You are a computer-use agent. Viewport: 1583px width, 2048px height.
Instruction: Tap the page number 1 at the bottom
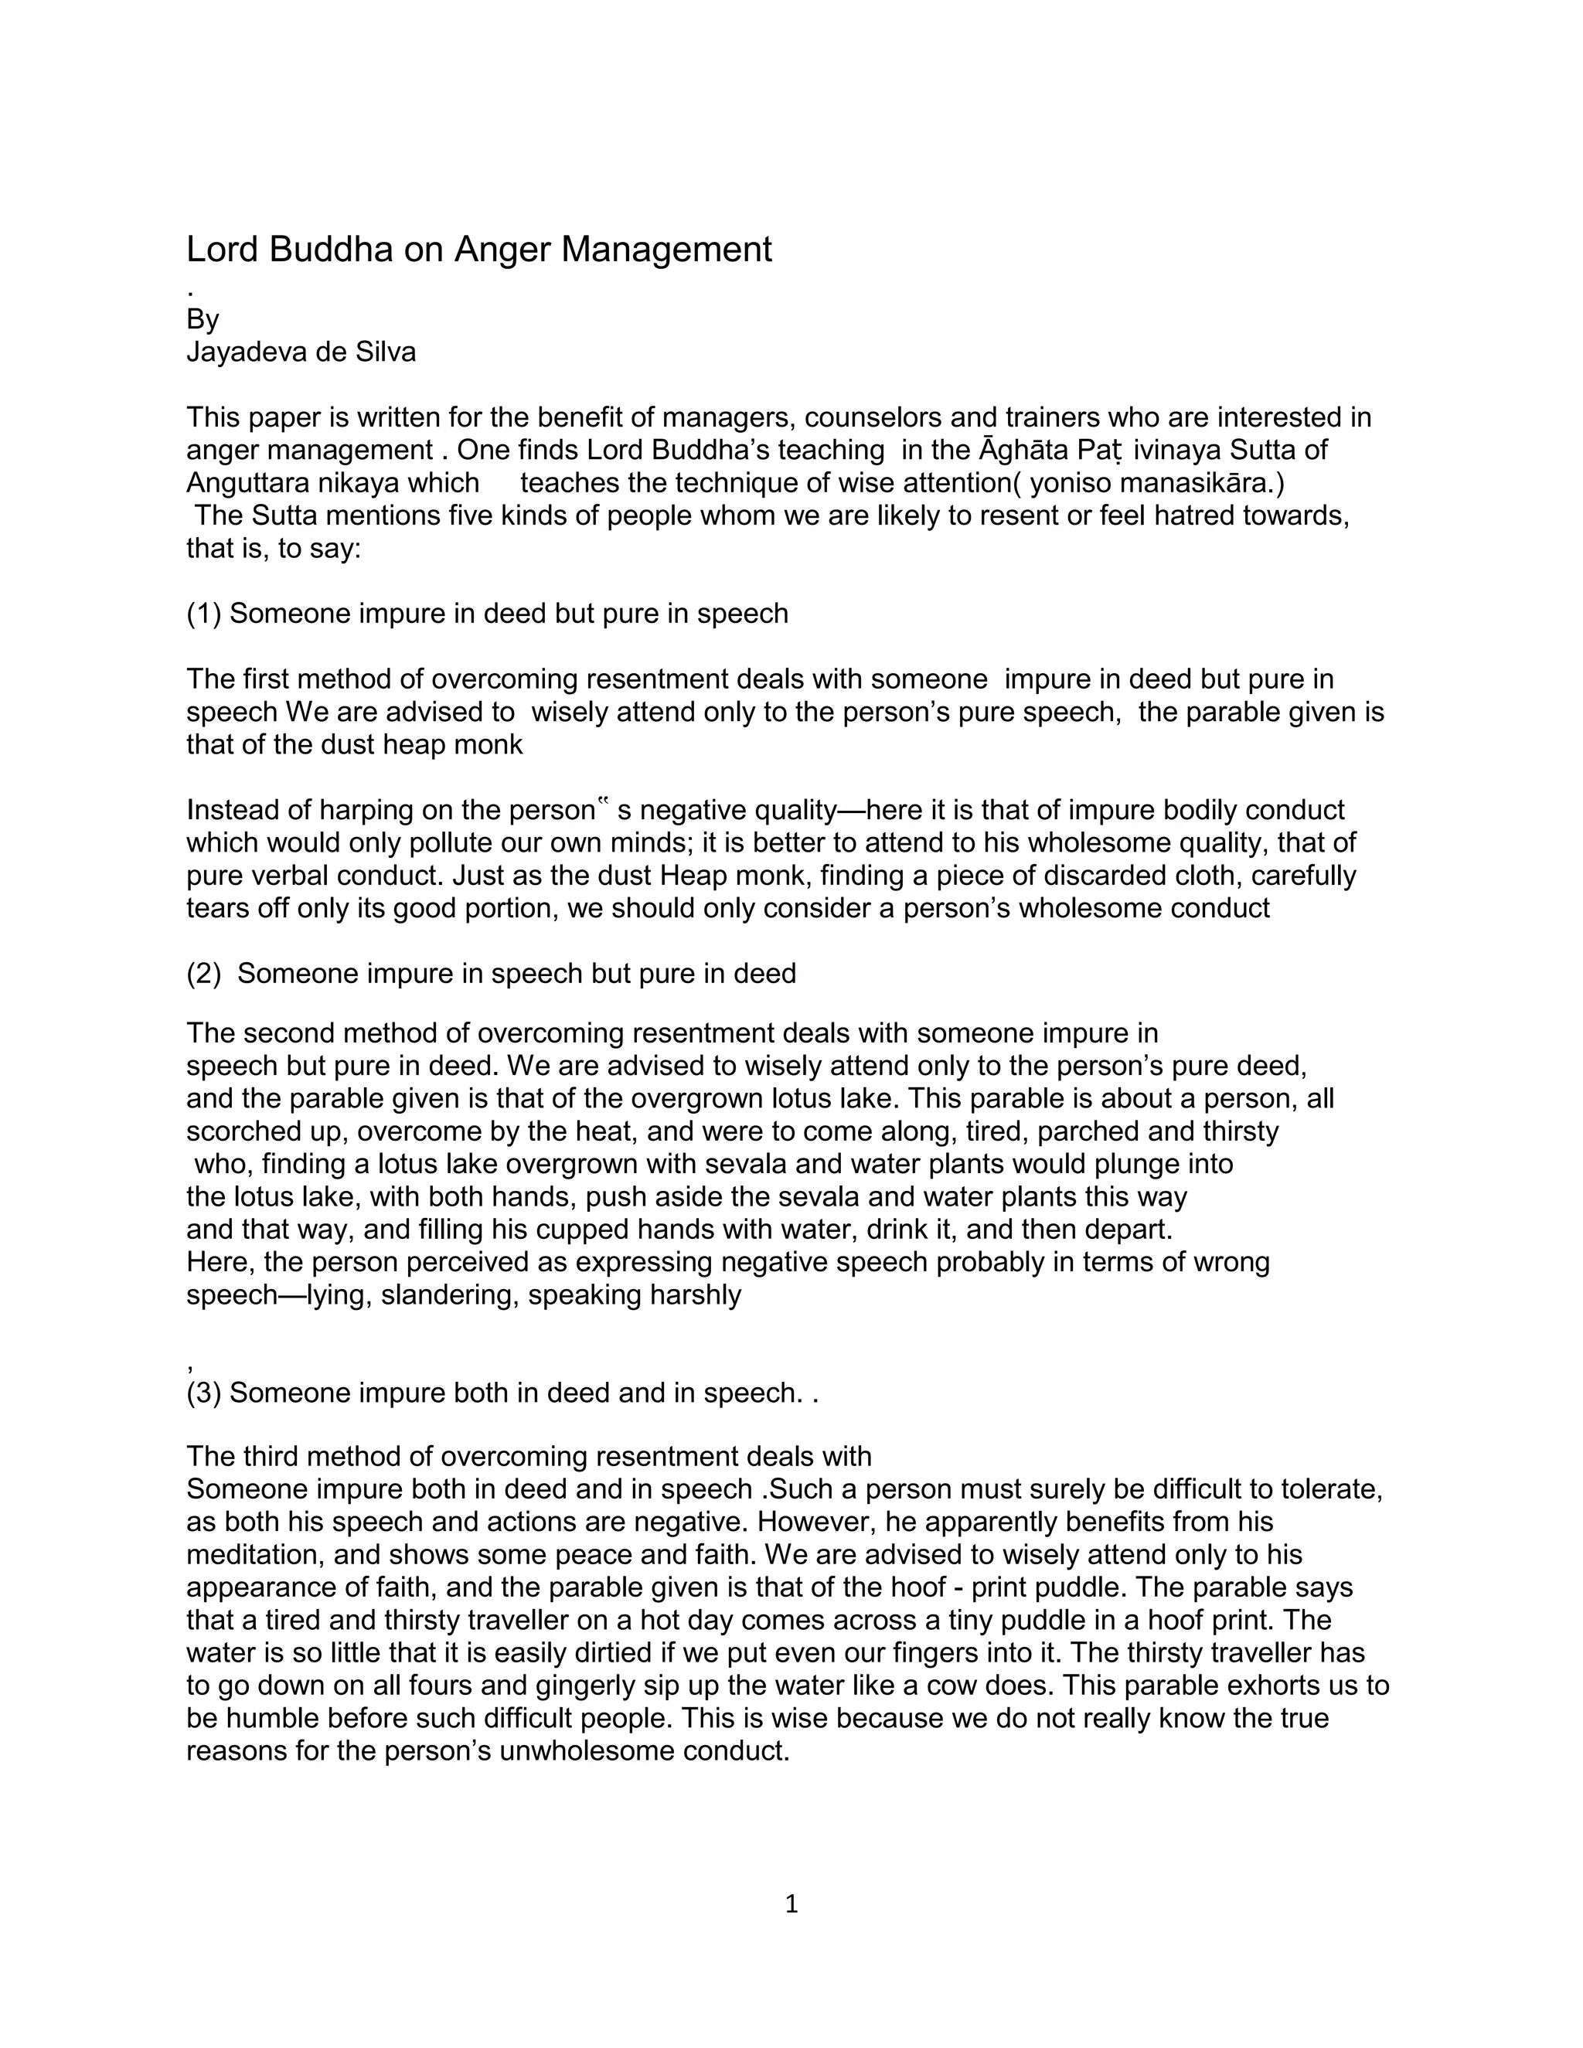791,1903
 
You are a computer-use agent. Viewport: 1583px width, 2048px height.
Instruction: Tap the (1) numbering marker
203,614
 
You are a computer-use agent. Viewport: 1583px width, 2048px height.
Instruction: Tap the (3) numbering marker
203,1393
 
